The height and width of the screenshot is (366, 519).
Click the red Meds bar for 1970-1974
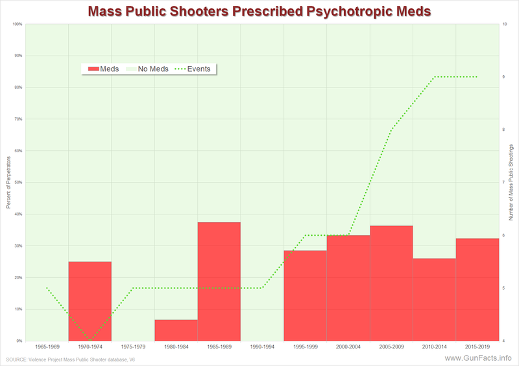(x=90, y=301)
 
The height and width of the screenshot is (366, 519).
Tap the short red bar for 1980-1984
(x=176, y=330)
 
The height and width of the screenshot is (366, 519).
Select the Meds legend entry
(x=103, y=69)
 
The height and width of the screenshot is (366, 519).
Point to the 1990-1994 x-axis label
(x=262, y=347)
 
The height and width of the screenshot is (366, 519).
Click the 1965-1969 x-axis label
(x=47, y=347)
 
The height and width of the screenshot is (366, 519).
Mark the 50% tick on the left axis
(x=18, y=183)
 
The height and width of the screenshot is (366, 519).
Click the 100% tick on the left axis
(x=18, y=25)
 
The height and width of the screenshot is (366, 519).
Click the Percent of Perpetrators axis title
(x=8, y=182)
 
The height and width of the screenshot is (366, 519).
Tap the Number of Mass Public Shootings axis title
(x=512, y=182)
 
